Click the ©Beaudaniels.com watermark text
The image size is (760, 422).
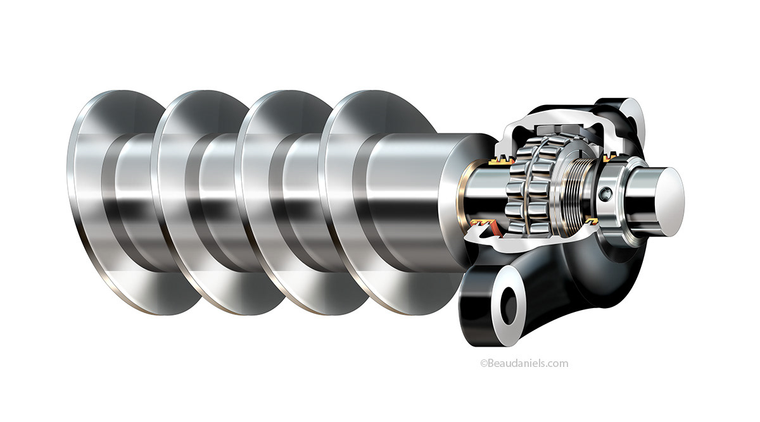click(x=524, y=363)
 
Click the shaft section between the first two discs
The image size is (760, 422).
click(x=136, y=202)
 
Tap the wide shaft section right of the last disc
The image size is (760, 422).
click(x=412, y=202)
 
